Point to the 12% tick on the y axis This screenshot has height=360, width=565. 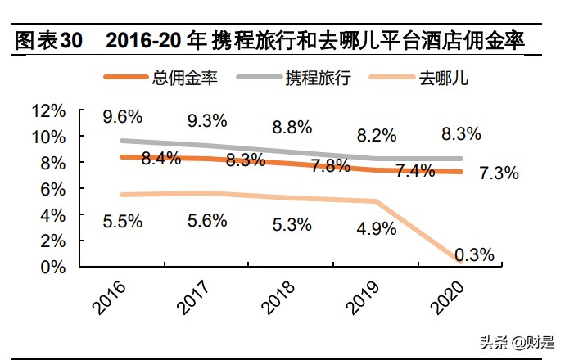click(x=48, y=110)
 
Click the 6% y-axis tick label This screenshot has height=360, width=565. click(x=53, y=189)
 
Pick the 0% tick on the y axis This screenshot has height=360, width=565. click(x=53, y=267)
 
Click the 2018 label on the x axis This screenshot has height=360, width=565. click(x=277, y=297)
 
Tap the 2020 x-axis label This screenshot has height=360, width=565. click(x=447, y=297)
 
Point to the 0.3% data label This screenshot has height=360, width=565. click(x=475, y=255)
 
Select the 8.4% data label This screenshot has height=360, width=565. click(x=160, y=160)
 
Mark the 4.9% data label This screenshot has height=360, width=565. click(x=377, y=228)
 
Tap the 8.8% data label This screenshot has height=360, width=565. click(x=292, y=127)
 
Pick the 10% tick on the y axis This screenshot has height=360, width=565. click(x=48, y=137)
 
